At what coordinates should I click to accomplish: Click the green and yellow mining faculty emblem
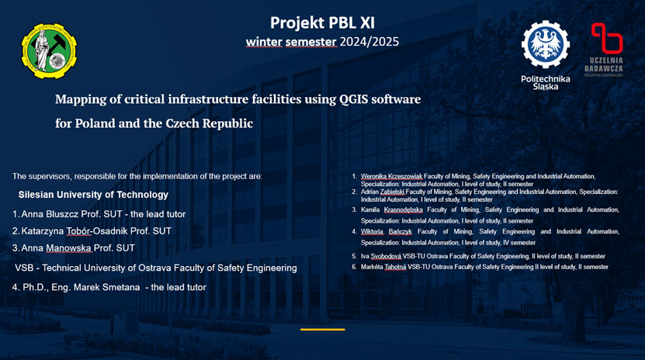tap(49, 51)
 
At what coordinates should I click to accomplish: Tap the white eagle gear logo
tap(546, 44)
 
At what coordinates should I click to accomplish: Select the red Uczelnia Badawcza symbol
tap(607, 38)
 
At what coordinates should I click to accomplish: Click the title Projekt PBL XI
tap(323, 23)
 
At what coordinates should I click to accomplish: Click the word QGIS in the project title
tap(354, 99)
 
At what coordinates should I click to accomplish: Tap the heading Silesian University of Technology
tap(93, 195)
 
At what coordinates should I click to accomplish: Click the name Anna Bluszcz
tap(50, 214)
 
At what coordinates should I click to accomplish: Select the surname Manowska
tap(69, 247)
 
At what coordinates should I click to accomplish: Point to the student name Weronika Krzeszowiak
tap(391, 176)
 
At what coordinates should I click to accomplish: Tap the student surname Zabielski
tap(393, 192)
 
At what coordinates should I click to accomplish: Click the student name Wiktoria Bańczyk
tap(387, 232)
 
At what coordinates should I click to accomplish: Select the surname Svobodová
tap(386, 257)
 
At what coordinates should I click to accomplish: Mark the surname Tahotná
tap(395, 267)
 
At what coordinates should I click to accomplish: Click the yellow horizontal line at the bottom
tap(323, 329)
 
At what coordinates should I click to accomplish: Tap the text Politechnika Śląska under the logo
tap(546, 82)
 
